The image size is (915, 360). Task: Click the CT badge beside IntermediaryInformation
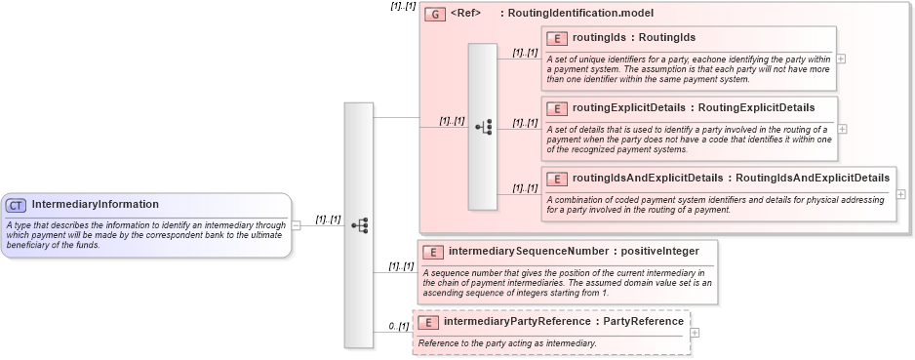pos(17,205)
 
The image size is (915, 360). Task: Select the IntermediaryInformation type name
pos(95,205)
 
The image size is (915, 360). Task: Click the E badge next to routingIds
pos(557,38)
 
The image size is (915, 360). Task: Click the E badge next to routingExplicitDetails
pos(557,107)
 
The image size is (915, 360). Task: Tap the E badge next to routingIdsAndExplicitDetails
pos(557,179)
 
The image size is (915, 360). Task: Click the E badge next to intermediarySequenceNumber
pos(434,252)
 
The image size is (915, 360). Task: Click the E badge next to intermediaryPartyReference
pos(428,322)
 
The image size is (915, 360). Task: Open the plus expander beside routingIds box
pos(842,59)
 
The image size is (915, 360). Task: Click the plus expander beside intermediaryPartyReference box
pos(695,333)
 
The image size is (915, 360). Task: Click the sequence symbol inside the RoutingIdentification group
pos(483,126)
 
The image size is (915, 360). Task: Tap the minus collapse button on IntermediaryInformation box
pos(296,224)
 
